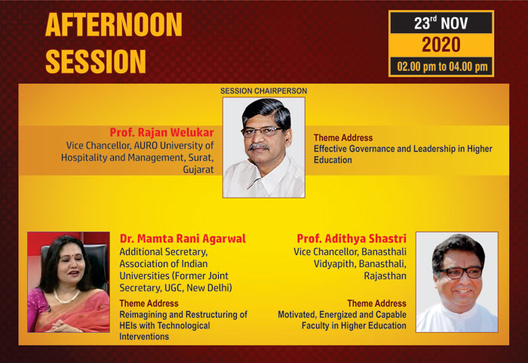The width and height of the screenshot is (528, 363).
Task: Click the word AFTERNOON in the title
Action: click(x=114, y=25)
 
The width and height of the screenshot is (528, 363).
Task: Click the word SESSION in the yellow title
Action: click(x=96, y=61)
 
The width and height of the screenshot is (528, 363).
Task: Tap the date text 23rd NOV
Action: click(x=441, y=23)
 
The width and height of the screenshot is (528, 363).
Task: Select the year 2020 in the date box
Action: click(x=441, y=45)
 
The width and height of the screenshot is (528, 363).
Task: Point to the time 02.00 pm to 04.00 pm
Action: click(x=442, y=66)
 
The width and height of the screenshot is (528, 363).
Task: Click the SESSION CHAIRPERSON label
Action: click(x=264, y=91)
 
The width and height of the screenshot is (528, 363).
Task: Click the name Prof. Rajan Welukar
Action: click(x=161, y=133)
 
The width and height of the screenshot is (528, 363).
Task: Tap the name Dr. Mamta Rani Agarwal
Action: click(x=183, y=238)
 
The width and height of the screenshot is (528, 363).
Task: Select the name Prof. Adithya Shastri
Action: click(x=351, y=238)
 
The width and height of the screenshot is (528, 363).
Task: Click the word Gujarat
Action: click(x=198, y=169)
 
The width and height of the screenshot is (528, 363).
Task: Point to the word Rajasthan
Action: click(x=385, y=276)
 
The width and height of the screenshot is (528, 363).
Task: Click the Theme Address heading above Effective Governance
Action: click(x=343, y=138)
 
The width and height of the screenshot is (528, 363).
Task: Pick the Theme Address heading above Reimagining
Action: click(x=149, y=303)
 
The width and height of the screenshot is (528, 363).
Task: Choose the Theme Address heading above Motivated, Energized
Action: click(x=377, y=303)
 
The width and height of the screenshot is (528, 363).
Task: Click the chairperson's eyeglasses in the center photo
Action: click(x=262, y=131)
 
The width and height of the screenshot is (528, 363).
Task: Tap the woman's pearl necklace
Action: click(x=66, y=297)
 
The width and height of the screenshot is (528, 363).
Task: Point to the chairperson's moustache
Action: click(x=259, y=147)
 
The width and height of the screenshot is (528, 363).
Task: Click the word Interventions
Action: click(x=144, y=337)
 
